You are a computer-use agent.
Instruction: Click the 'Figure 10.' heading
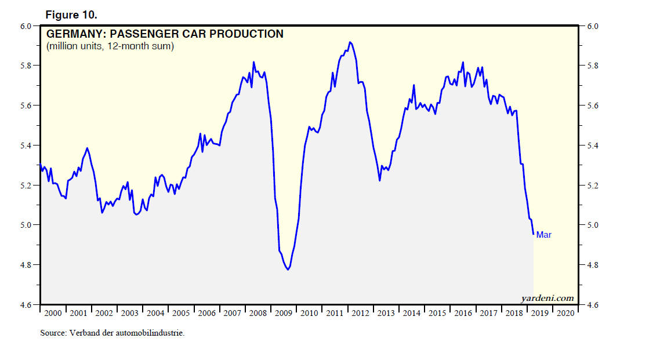click(67, 14)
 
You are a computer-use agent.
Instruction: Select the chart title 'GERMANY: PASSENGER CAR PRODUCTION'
click(165, 34)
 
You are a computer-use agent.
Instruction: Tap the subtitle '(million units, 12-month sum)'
click(110, 46)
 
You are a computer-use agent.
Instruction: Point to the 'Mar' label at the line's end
click(543, 235)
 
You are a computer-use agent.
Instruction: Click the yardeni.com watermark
click(546, 299)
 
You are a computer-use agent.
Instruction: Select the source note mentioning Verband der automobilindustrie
click(112, 333)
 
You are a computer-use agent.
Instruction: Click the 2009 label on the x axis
click(284, 313)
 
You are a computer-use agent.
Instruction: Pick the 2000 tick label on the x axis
click(53, 313)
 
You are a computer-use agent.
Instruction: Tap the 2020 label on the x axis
click(566, 313)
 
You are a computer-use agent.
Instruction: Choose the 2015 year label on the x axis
click(437, 313)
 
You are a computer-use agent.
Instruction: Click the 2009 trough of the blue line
click(288, 270)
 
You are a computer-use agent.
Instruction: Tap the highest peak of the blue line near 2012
click(350, 42)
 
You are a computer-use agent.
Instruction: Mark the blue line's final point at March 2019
click(533, 234)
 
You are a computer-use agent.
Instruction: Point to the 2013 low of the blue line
click(379, 180)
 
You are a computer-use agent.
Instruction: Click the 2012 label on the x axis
click(360, 313)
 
